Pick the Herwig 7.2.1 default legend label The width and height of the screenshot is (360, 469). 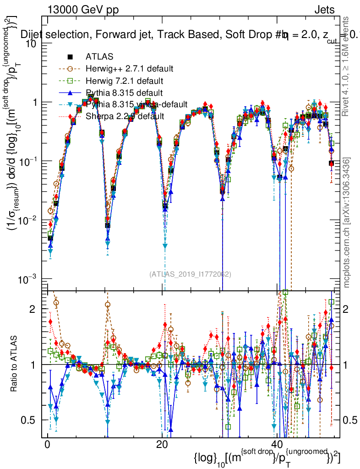[124, 81]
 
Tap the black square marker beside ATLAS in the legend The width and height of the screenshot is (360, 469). [70, 57]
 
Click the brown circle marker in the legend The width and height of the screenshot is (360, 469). [70, 69]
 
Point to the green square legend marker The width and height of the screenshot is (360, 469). [70, 81]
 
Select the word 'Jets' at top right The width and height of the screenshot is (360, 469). [324, 10]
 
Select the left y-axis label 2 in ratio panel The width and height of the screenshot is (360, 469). [38, 309]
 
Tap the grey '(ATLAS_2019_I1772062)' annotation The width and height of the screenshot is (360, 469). [190, 274]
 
